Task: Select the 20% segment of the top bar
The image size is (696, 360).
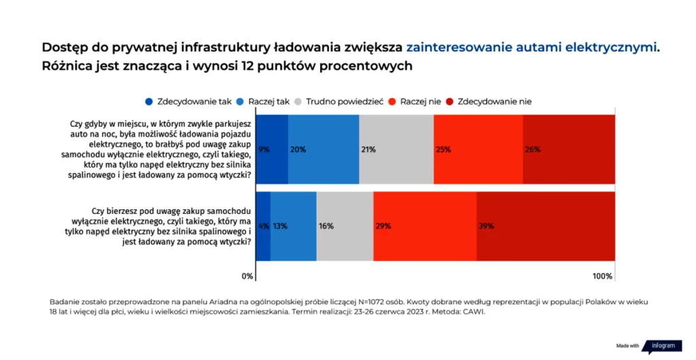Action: point(324,149)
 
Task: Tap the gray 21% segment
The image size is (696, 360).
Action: point(396,149)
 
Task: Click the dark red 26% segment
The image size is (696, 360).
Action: point(569,149)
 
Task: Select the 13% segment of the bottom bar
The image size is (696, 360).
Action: point(294,226)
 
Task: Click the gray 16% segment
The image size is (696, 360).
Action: point(345,226)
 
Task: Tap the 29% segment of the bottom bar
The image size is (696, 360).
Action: point(425,226)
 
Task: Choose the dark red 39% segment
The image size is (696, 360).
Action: point(546,226)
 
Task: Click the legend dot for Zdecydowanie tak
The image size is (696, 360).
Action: point(149,102)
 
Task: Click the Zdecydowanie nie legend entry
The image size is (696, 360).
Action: point(488,102)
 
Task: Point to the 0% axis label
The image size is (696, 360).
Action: point(248,276)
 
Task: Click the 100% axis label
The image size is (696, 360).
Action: point(602,276)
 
